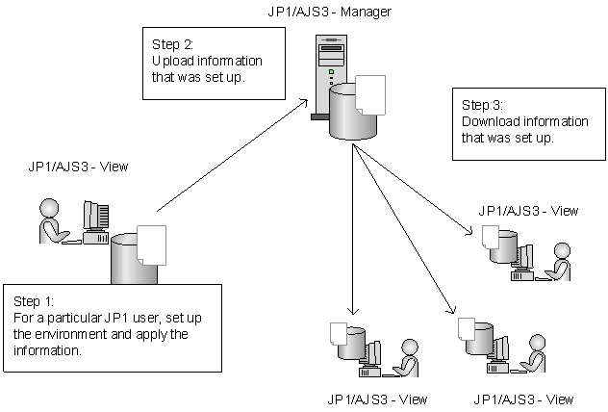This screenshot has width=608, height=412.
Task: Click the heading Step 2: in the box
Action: coord(173,44)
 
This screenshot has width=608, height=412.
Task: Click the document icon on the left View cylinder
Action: coord(151,245)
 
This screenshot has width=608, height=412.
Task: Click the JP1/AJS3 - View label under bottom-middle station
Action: coord(377,399)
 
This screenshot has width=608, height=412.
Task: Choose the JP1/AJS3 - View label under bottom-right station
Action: coord(524,399)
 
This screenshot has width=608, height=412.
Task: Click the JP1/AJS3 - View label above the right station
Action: coord(528,211)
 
